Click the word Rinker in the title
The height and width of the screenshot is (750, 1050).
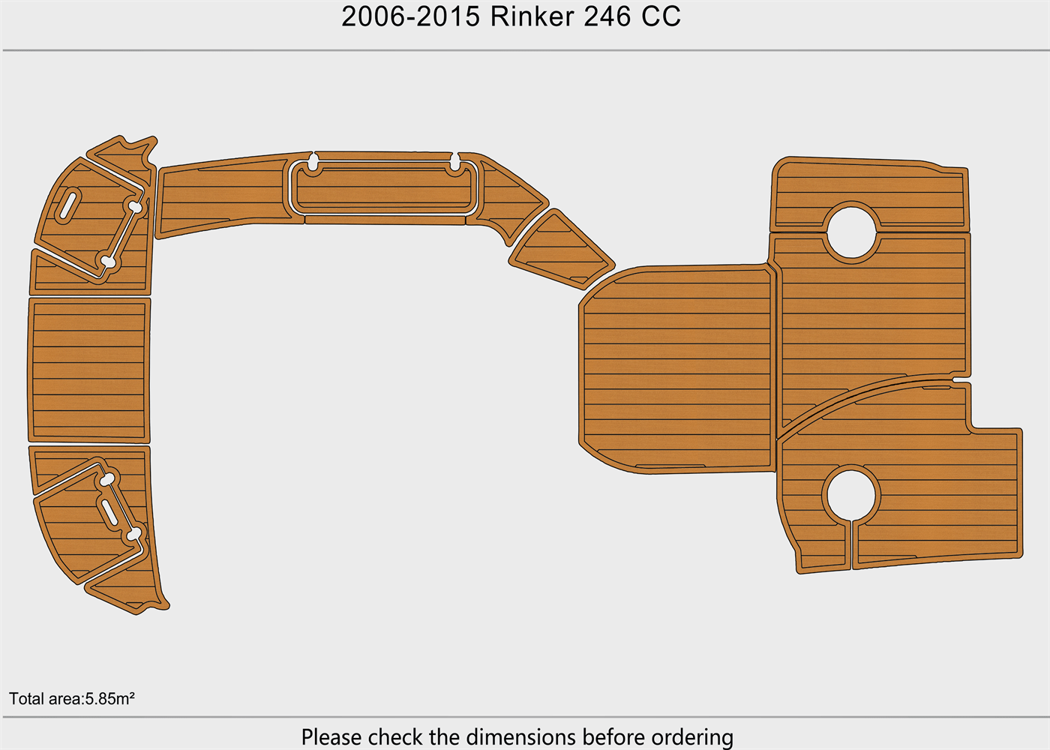tap(532, 16)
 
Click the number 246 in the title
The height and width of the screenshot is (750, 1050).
tap(607, 16)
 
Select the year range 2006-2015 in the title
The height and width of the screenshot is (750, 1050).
tap(411, 16)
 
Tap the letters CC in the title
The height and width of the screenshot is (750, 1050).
tap(661, 16)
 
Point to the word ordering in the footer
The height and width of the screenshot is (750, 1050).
tap(692, 737)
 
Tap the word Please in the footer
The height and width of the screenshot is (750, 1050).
tap(331, 736)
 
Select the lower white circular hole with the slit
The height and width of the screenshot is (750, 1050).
tap(851, 496)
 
